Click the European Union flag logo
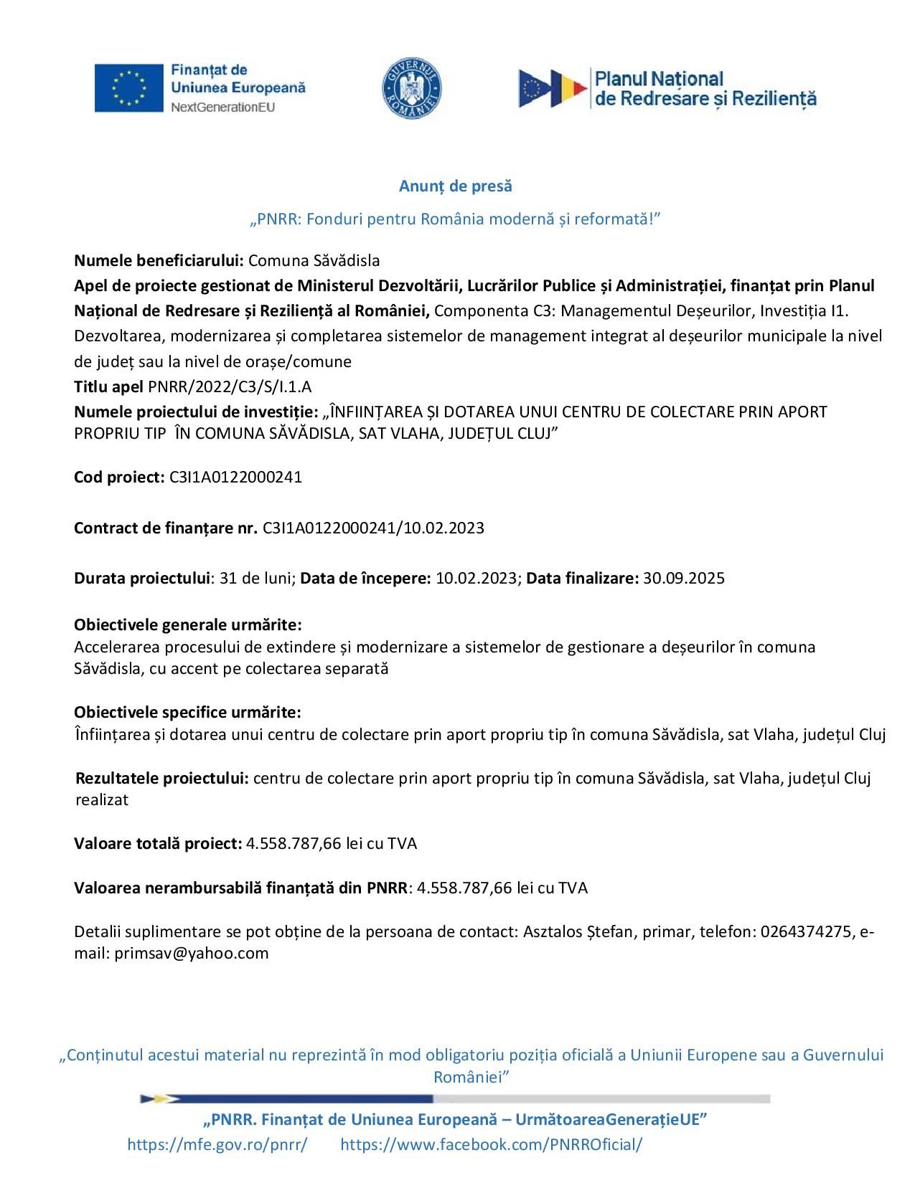[x=129, y=87]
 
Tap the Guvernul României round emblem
[x=411, y=89]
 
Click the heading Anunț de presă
[x=456, y=186]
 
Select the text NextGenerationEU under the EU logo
[x=222, y=107]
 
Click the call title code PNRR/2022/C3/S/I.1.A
[x=230, y=387]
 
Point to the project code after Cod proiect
[x=235, y=478]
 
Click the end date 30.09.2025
[x=684, y=579]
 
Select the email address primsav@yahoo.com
[x=192, y=954]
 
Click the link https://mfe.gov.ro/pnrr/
[x=217, y=1145]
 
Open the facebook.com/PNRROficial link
[x=491, y=1145]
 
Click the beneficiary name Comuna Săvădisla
[x=314, y=260]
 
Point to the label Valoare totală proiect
[x=158, y=844]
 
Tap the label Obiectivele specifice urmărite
[x=187, y=713]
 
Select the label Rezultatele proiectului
[x=162, y=779]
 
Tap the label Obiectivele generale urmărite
[x=187, y=624]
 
